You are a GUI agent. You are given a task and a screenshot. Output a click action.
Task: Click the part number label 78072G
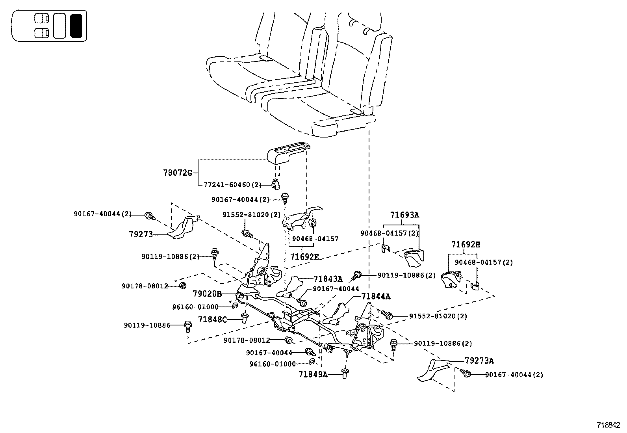coord(177,173)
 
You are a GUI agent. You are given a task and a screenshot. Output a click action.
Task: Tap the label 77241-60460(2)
coord(232,184)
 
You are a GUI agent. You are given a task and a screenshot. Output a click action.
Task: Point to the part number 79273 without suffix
coord(141,234)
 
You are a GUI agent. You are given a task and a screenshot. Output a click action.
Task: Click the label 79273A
coord(479,361)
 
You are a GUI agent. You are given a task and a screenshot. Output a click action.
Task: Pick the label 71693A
coord(404,215)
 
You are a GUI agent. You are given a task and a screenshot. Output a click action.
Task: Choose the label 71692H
coord(466,245)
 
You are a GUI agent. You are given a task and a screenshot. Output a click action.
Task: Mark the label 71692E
coord(304,256)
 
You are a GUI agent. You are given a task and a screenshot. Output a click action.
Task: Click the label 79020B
coord(207,294)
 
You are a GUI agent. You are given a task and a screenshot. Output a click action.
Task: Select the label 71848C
coord(212,319)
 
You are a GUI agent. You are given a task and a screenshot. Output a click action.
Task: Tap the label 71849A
coord(313,374)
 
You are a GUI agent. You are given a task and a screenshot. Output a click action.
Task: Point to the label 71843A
coord(328,279)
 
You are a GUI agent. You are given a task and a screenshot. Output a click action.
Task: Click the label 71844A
coord(376,296)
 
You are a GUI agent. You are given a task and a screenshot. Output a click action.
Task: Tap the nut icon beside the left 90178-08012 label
coord(182,285)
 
